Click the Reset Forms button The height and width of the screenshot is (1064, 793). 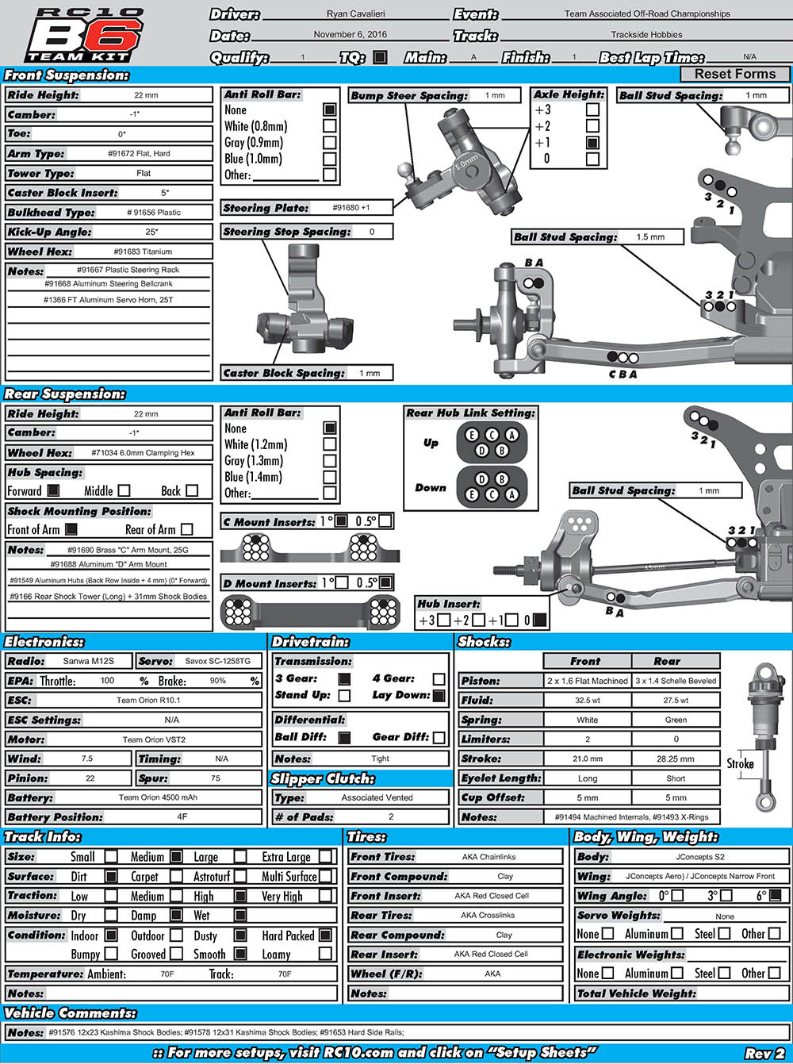(735, 74)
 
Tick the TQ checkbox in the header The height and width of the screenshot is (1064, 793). (380, 57)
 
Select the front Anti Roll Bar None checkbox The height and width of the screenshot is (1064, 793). (329, 110)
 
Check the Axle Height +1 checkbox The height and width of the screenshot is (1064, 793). (592, 143)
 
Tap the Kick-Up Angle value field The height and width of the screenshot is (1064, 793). (151, 232)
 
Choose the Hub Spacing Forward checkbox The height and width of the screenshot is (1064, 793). (53, 491)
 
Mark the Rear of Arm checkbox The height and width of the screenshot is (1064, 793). (187, 529)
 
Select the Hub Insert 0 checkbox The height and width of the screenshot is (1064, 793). (539, 620)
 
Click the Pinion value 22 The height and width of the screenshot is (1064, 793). (90, 778)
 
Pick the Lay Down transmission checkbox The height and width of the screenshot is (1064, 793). (439, 696)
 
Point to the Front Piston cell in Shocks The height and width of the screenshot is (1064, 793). (588, 681)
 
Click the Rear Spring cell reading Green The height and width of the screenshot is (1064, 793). (676, 720)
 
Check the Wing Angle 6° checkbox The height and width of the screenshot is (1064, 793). (775, 896)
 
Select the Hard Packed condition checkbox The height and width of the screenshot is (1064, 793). (325, 935)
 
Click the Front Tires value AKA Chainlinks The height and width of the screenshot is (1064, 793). (488, 857)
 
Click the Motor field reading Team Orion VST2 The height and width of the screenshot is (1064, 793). (154, 739)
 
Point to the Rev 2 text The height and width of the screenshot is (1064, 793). (764, 1053)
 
